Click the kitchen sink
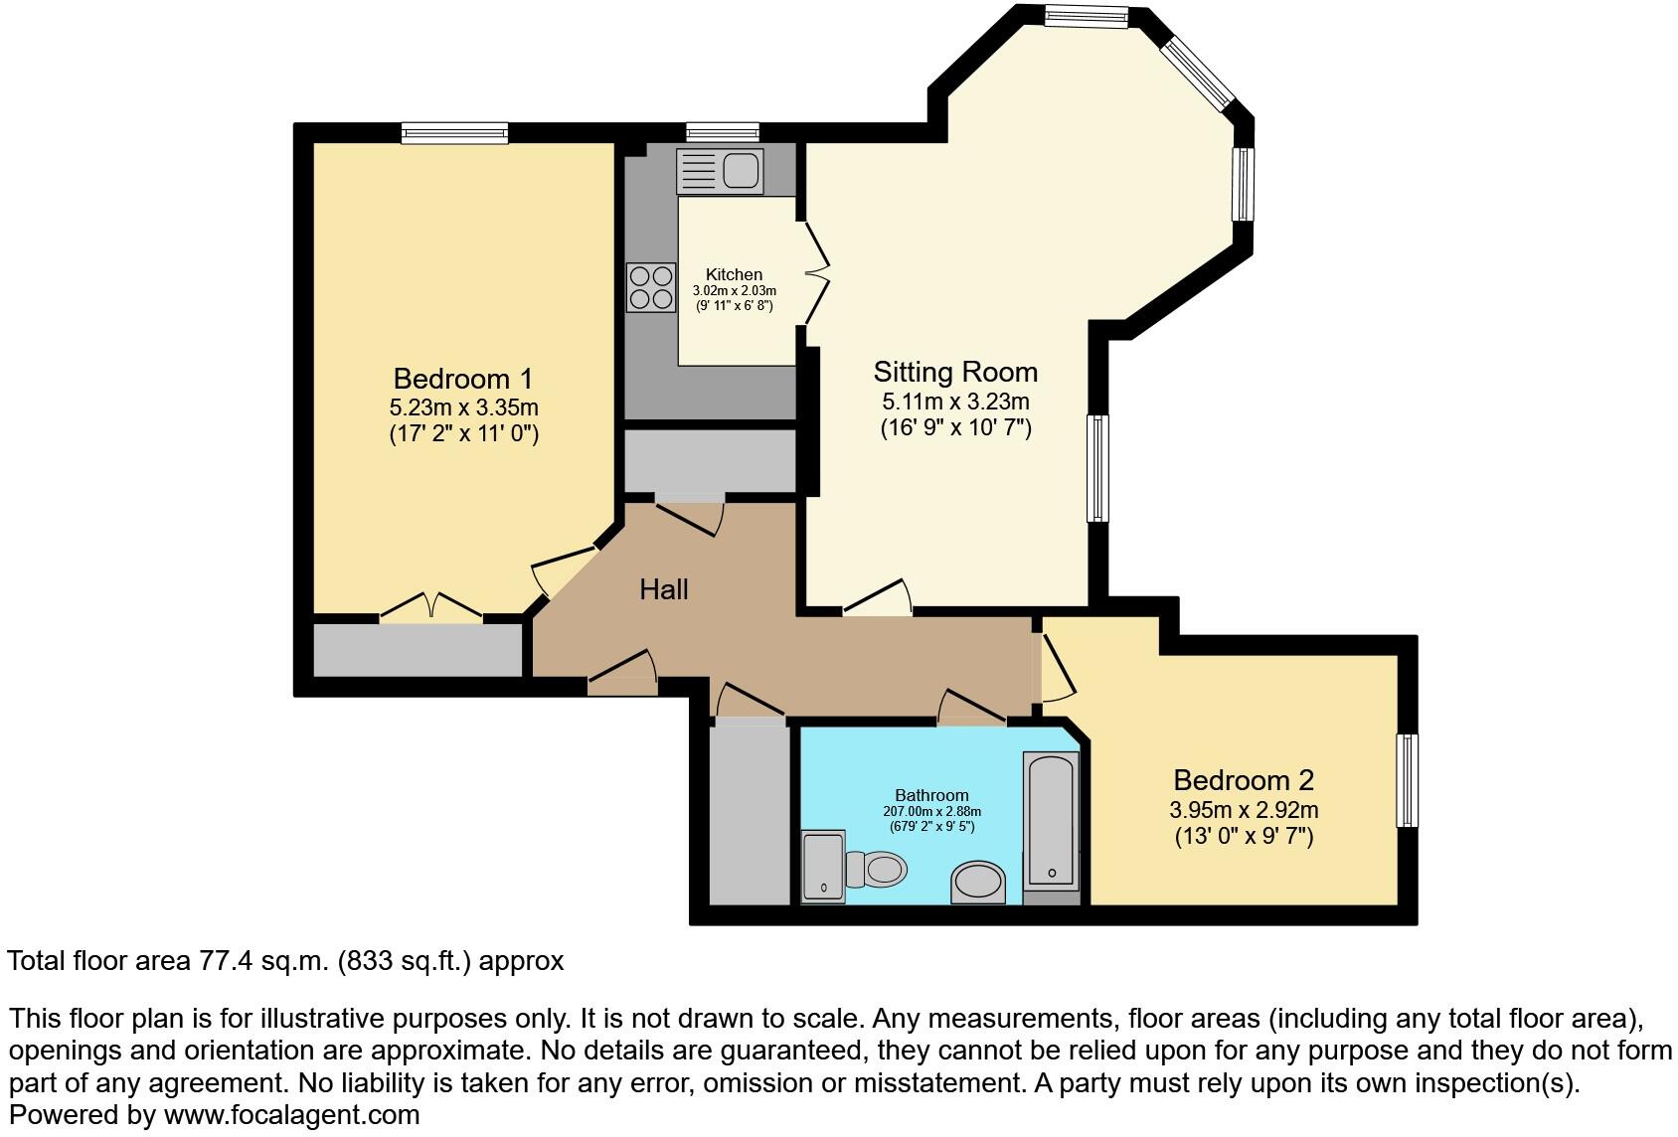click(x=720, y=171)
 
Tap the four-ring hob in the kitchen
click(x=650, y=286)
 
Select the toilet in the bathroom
click(x=875, y=870)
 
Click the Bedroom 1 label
click(x=463, y=379)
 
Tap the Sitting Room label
click(x=955, y=372)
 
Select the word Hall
click(x=663, y=589)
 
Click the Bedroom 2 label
click(x=1244, y=779)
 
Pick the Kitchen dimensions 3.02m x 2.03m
click(x=734, y=291)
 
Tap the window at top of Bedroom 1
click(x=454, y=133)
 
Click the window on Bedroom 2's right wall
click(x=1407, y=780)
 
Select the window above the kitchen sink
click(x=723, y=132)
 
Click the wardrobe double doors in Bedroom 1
click(x=431, y=608)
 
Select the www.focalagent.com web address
click(x=291, y=1115)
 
